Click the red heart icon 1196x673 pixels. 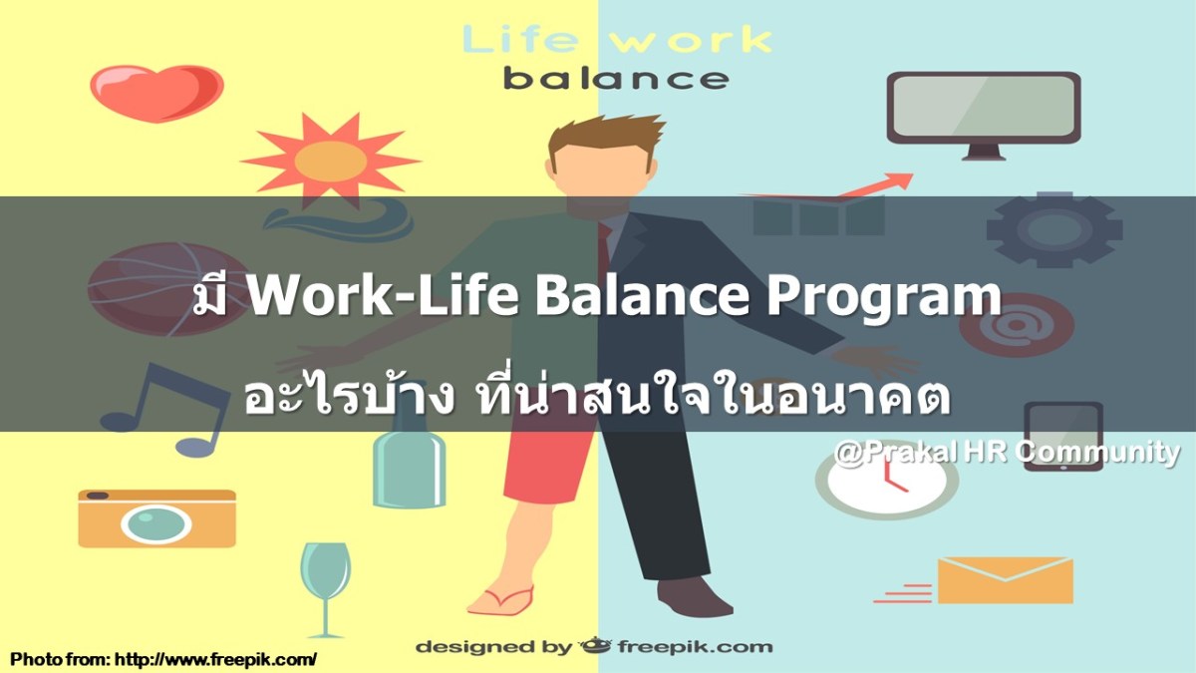(x=143, y=92)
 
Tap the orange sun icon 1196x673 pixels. (x=330, y=157)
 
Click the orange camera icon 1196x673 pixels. (x=156, y=517)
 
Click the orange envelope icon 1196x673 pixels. (x=1004, y=579)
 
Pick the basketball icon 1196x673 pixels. (x=149, y=289)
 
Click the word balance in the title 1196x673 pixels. (x=615, y=78)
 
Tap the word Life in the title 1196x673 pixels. (x=519, y=41)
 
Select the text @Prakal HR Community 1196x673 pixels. (x=1007, y=453)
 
